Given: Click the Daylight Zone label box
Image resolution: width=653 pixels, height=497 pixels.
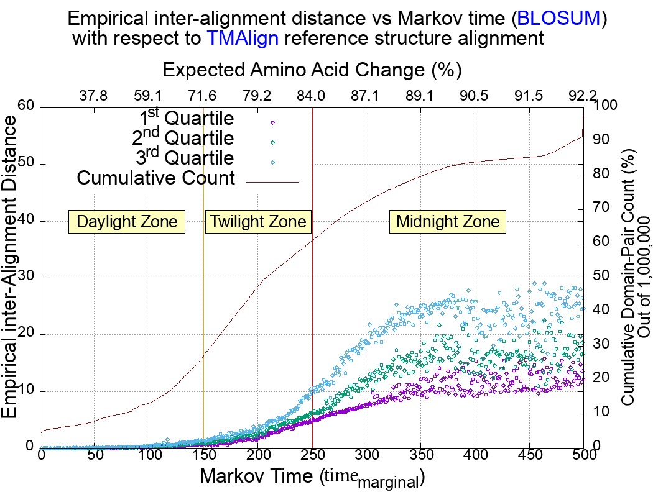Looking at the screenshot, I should tap(127, 222).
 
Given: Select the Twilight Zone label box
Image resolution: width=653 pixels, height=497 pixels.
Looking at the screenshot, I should tap(257, 222).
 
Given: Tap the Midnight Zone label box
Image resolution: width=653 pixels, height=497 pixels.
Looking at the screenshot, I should tap(448, 222).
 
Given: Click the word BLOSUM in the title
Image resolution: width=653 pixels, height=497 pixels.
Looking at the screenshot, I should tap(558, 19).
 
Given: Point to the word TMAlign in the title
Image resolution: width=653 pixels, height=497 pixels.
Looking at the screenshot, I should tap(243, 39).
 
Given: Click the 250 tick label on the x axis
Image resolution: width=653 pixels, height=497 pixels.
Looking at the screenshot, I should tap(312, 456).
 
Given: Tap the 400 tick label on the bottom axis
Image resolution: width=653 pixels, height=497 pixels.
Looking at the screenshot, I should tap(475, 456).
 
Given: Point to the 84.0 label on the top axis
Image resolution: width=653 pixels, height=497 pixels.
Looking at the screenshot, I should tap(312, 96).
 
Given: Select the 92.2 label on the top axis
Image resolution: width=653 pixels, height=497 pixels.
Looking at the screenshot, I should tap(583, 96).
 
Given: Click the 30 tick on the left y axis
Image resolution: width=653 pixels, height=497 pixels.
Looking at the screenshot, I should tap(27, 277).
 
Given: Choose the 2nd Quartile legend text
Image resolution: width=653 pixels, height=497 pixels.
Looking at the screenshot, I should tap(185, 138).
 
